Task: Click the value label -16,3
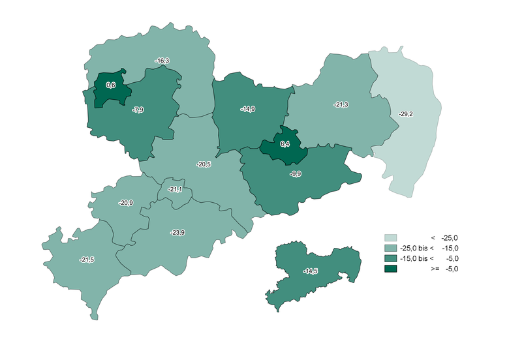point(162,61)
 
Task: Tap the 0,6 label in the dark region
point(110,85)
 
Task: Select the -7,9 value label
point(138,110)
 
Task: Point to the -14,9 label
point(247,109)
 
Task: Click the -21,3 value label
point(341,104)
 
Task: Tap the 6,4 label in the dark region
point(285,144)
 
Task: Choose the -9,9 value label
point(295,173)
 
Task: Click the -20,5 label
point(204,164)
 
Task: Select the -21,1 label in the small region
point(175,189)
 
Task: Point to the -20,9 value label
point(126,203)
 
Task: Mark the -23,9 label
point(177,233)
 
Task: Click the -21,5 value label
point(87,260)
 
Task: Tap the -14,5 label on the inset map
point(311,271)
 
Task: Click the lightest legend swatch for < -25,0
point(390,237)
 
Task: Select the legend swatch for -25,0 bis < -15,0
point(390,248)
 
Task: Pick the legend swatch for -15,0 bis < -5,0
point(390,258)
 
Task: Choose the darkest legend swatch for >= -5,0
point(390,269)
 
